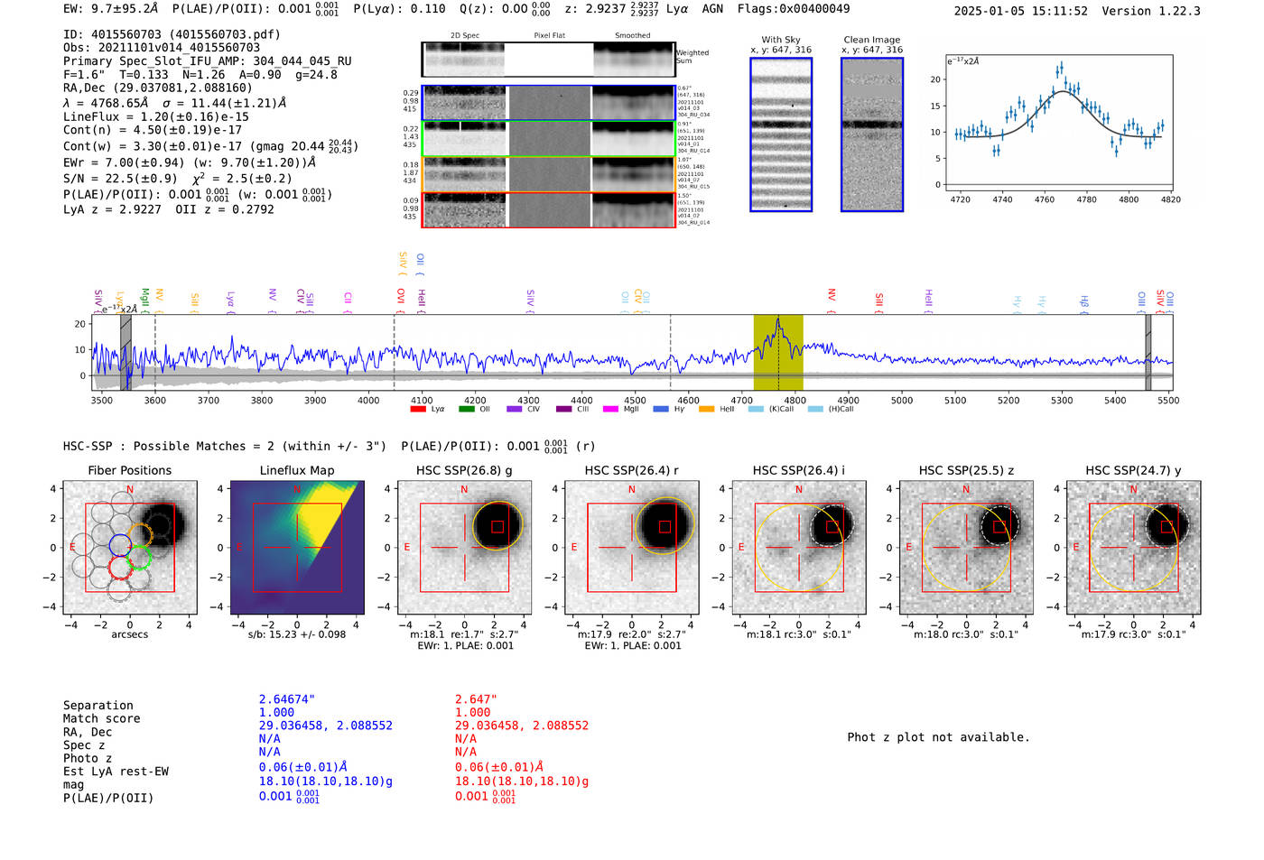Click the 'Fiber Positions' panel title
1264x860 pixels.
point(129,470)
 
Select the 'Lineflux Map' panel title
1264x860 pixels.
point(297,470)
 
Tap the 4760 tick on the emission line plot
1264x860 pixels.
point(1045,199)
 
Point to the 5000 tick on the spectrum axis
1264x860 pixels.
point(901,400)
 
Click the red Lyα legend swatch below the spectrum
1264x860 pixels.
point(418,409)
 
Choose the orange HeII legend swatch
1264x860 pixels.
point(706,409)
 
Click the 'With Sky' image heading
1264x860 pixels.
point(780,40)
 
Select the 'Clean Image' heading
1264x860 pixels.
point(871,40)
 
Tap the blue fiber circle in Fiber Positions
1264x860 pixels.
point(120,544)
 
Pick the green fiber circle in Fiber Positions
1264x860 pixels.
point(139,559)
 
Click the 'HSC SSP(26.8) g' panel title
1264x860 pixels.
point(464,470)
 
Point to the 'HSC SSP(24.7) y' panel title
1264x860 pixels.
point(1133,470)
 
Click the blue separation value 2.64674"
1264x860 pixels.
point(287,699)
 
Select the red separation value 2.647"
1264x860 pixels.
point(476,699)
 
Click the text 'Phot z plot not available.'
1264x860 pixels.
point(938,737)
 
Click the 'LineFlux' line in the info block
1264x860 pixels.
point(155,116)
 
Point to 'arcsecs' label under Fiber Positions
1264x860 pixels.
point(129,634)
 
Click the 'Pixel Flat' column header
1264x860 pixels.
point(549,35)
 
